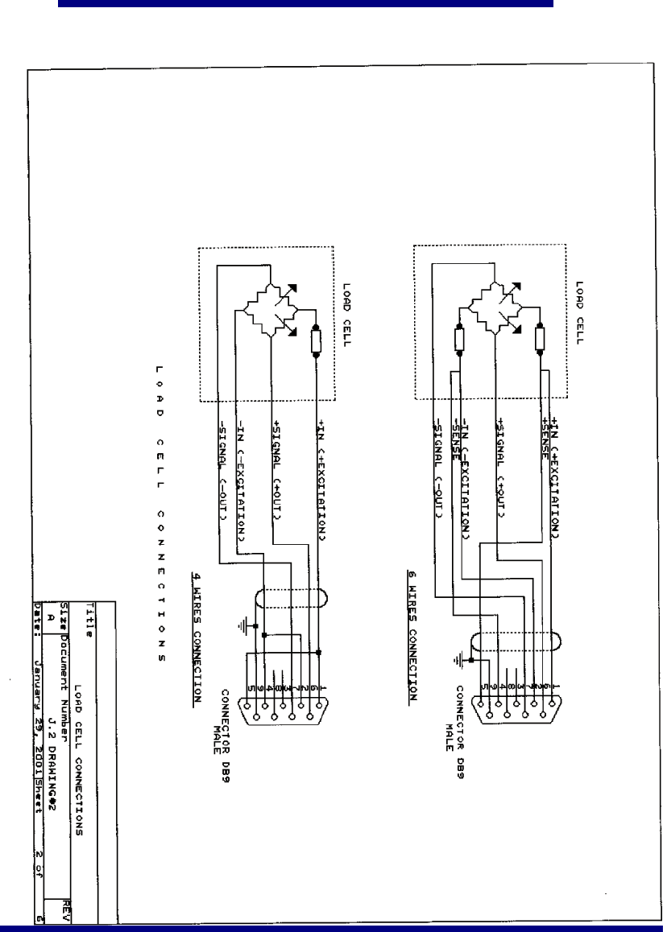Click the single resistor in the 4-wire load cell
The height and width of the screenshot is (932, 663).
click(x=316, y=340)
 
